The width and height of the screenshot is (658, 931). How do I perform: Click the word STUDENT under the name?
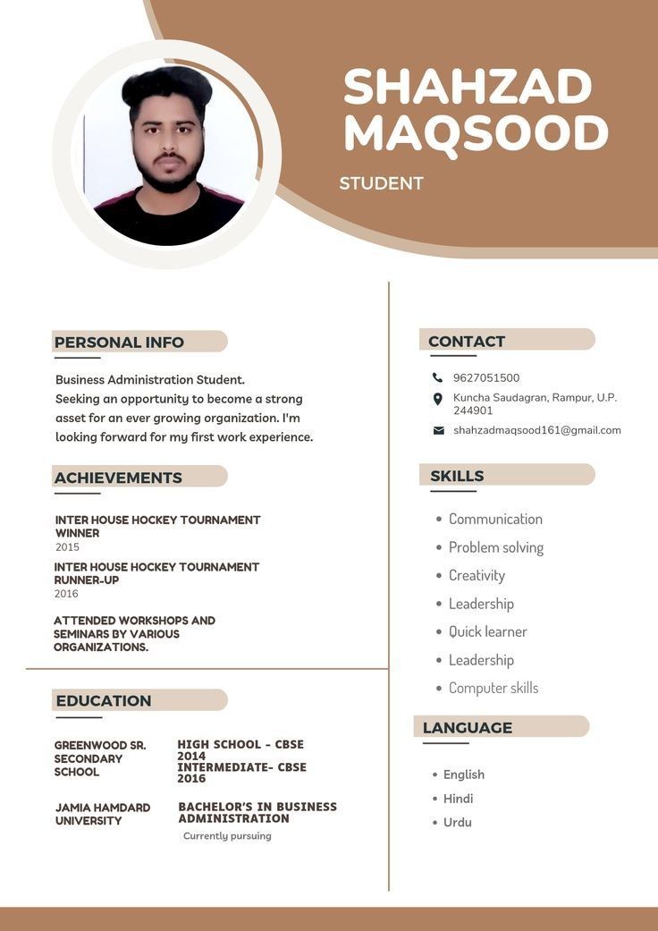click(x=381, y=183)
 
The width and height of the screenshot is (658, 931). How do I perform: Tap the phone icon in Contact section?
click(x=437, y=377)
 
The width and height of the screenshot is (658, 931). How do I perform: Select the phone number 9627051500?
click(x=486, y=377)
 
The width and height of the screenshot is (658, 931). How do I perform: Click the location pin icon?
click(x=437, y=399)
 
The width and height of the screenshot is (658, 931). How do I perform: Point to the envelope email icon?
click(x=438, y=430)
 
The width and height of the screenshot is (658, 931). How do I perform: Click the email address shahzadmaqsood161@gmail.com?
click(x=536, y=430)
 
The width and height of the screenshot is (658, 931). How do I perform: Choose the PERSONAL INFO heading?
click(x=119, y=343)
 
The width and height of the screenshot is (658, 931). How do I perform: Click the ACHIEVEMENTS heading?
click(x=118, y=478)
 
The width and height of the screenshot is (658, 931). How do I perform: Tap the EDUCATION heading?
click(x=104, y=700)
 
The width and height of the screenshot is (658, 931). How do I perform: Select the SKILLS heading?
click(x=457, y=476)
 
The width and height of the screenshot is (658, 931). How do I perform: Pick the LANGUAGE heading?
click(x=468, y=727)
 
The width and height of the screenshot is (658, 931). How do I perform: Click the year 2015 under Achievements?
click(x=67, y=546)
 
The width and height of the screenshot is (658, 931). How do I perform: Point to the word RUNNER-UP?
click(x=87, y=580)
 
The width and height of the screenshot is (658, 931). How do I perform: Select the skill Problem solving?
click(x=496, y=547)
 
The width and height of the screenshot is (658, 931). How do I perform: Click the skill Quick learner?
click(x=488, y=631)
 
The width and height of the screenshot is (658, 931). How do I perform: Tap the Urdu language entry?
click(x=458, y=822)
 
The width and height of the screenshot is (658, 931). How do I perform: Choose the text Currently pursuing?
click(x=227, y=836)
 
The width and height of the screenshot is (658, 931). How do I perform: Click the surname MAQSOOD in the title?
click(x=475, y=133)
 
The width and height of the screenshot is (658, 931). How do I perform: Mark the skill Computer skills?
click(x=493, y=688)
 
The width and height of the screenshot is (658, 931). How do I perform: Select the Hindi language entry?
click(x=459, y=799)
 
